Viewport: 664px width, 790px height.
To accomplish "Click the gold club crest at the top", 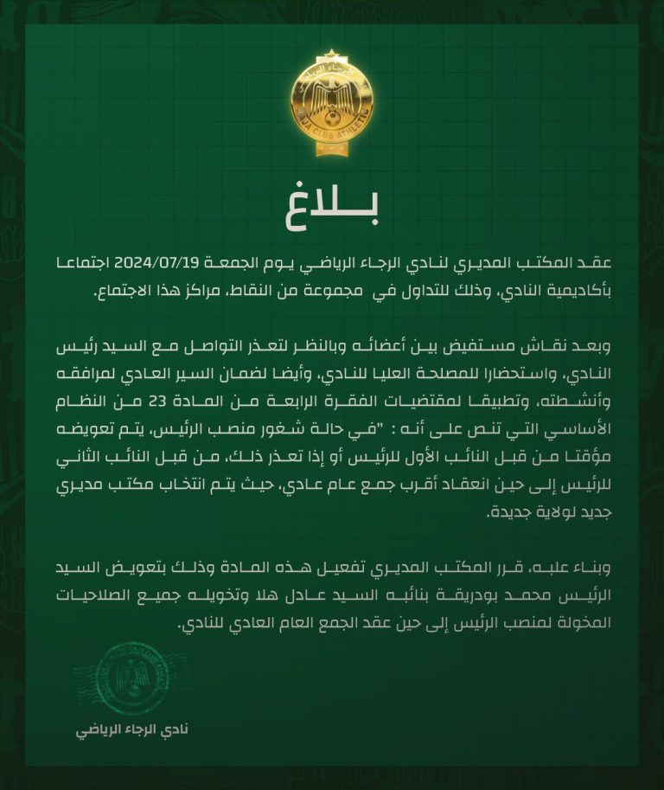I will coord(332,103).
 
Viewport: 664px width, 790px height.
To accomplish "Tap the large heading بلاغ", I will coord(332,208).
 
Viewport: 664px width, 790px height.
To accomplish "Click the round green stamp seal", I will coord(131,678).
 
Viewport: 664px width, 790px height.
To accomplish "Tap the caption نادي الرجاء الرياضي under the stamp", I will coord(131,729).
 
